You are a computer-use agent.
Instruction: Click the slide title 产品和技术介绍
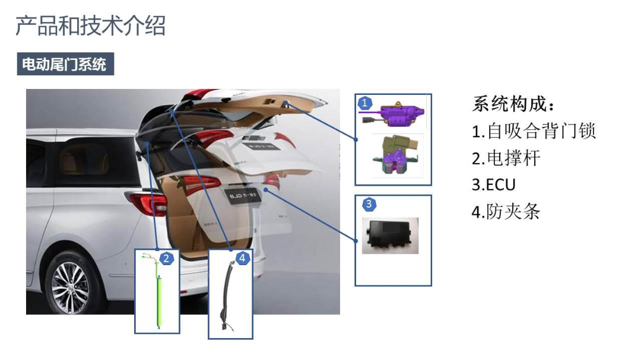[x=90, y=26]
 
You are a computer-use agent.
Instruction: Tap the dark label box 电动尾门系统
[x=65, y=64]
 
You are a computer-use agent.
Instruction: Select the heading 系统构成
[x=514, y=104]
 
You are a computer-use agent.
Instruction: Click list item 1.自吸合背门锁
[x=534, y=130]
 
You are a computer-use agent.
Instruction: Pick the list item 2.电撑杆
[x=506, y=158]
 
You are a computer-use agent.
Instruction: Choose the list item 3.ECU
[x=493, y=184]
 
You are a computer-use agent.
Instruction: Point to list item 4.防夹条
[x=506, y=212]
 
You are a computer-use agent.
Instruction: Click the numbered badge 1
[x=364, y=103]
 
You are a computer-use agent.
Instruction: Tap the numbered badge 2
[x=166, y=258]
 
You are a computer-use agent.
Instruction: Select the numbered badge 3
[x=369, y=204]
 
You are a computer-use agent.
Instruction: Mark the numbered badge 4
[x=242, y=258]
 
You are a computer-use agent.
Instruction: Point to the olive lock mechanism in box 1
[x=395, y=154]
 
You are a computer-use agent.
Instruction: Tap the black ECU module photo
[x=391, y=236]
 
